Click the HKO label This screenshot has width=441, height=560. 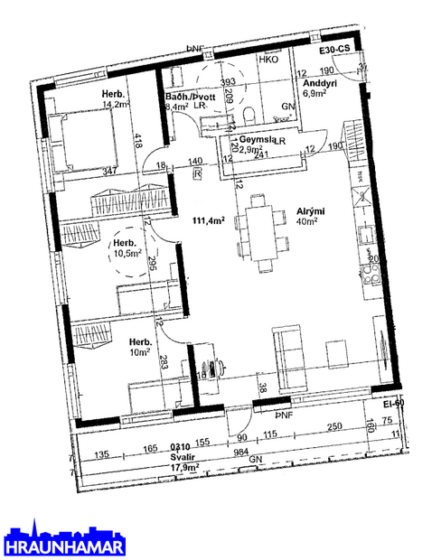268,60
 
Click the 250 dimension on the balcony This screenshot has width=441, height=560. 334,426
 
